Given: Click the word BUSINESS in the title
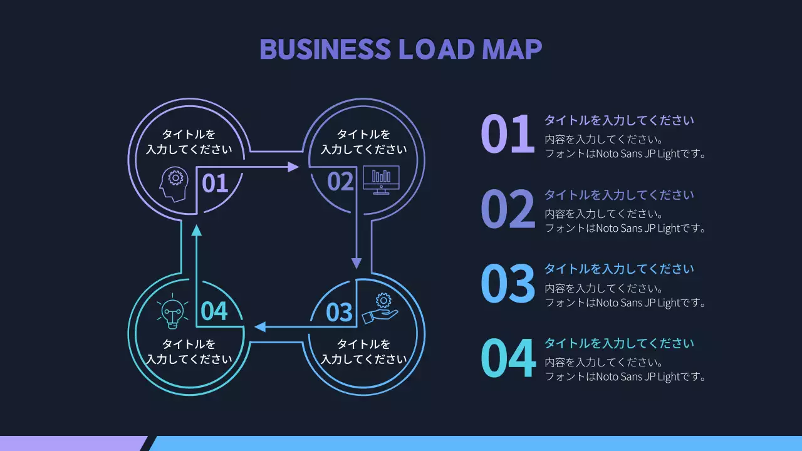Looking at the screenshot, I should click(x=325, y=49).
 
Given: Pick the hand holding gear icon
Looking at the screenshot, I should click(x=380, y=308).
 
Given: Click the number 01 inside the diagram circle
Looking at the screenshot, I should click(x=214, y=184).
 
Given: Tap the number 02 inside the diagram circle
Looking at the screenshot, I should click(x=340, y=182).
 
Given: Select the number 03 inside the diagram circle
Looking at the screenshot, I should click(x=340, y=312).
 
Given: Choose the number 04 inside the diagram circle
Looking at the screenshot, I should click(x=214, y=311).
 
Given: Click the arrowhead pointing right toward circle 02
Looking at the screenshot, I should click(x=293, y=167).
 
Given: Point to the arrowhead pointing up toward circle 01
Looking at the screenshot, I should click(x=197, y=230).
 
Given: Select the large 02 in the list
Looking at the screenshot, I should click(x=508, y=209).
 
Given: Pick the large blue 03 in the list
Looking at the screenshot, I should click(x=508, y=284).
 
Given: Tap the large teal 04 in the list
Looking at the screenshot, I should click(x=508, y=358).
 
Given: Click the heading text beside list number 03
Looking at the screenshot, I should click(x=619, y=269).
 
